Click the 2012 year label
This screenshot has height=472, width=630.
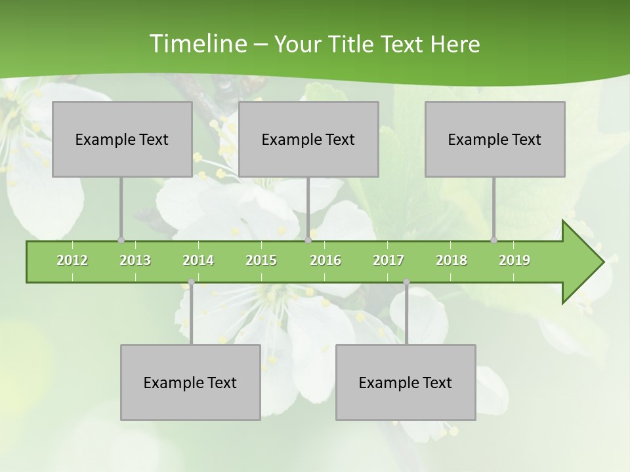point(72,260)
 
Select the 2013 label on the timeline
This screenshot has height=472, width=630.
point(135,260)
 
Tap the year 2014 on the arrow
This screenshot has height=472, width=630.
point(198,260)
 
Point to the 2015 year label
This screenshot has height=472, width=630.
point(261,260)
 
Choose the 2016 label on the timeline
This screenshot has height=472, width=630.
point(325,260)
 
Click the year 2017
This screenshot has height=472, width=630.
point(388,260)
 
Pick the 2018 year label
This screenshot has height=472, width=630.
point(451,260)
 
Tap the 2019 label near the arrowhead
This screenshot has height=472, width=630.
point(514,260)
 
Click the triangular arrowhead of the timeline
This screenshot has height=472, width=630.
point(581,262)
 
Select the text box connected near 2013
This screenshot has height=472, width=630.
point(122,139)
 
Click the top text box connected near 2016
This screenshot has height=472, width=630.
point(308,139)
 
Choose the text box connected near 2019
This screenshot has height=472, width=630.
point(495,139)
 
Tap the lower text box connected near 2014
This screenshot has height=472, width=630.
point(190,382)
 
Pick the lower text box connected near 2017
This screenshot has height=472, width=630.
point(406,382)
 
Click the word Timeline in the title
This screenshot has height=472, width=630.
point(197,44)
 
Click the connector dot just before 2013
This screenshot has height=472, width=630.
point(121,240)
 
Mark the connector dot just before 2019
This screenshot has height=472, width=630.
point(494,240)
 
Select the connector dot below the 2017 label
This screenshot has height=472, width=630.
point(406,282)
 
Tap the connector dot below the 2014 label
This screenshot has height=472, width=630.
point(191,282)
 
